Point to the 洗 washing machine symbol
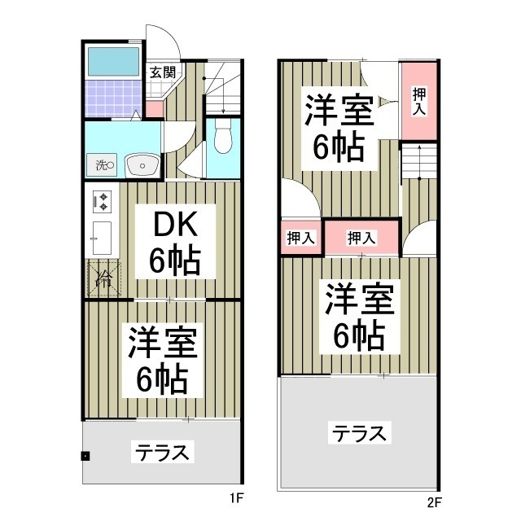tap(103, 165)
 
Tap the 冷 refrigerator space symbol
tap(104, 278)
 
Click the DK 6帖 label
tap(175, 242)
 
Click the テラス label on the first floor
tap(162, 451)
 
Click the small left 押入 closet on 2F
tap(300, 238)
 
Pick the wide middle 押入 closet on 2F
tap(361, 238)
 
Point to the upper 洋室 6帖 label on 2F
tap(339, 128)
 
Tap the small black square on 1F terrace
tap(85, 455)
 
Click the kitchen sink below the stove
tap(103, 236)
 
